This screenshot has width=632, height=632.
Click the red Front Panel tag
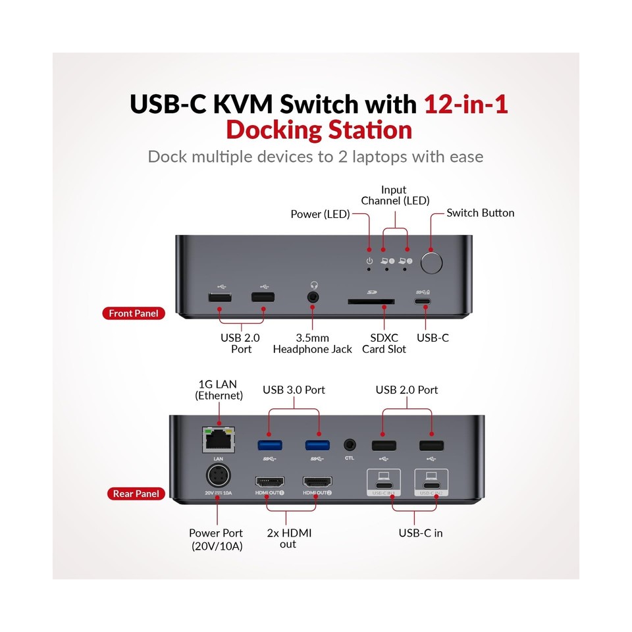[x=134, y=313]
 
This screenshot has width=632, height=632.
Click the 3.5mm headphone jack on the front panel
[x=313, y=298]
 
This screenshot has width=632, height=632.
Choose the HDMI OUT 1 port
[x=270, y=482]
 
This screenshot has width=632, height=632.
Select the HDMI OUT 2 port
[x=317, y=482]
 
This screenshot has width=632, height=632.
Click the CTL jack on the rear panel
[x=350, y=446]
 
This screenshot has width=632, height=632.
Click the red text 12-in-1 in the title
[x=466, y=104]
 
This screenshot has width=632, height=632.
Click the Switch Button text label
[x=480, y=213]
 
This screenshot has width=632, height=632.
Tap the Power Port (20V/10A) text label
[x=215, y=539]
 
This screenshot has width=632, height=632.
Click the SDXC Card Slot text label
[x=384, y=343]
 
